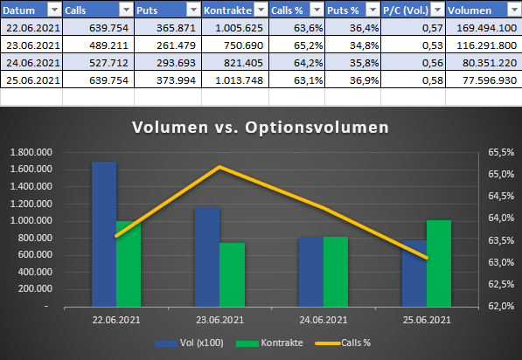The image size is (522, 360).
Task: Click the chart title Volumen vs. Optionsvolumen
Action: click(x=261, y=127)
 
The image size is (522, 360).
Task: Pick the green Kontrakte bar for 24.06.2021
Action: click(x=336, y=272)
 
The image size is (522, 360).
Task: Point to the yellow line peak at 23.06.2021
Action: click(x=220, y=167)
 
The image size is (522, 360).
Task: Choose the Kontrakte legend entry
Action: click(x=278, y=343)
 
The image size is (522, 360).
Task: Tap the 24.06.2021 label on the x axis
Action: click(x=324, y=322)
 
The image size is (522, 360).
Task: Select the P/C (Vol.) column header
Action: click(x=407, y=10)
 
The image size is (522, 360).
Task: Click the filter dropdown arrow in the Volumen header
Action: click(x=514, y=10)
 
